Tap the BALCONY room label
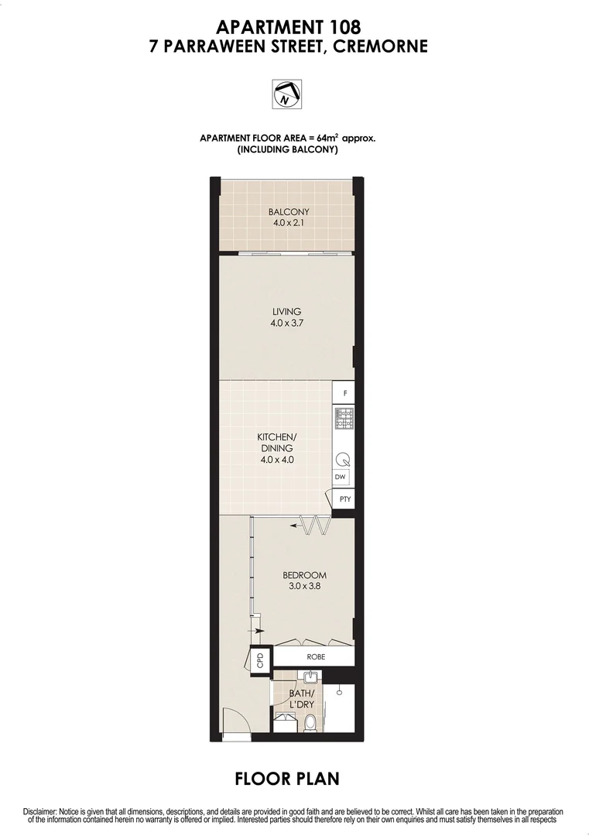click(289, 212)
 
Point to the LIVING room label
click(286, 312)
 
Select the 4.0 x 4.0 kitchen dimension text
click(276, 459)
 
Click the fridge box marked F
click(344, 393)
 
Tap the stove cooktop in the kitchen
click(344, 419)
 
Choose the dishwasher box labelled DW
click(341, 478)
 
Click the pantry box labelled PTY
click(345, 499)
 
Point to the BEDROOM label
click(304, 575)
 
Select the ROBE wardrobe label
click(315, 656)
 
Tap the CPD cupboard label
click(260, 660)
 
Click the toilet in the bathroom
click(310, 722)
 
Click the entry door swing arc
click(234, 720)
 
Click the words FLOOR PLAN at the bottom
click(287, 778)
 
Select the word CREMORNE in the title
click(379, 46)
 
